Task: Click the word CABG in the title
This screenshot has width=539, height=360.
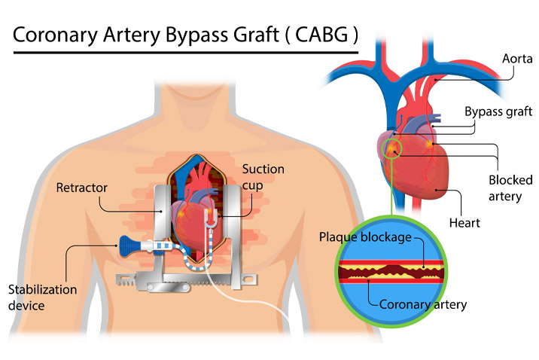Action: pyautogui.click(x=315, y=35)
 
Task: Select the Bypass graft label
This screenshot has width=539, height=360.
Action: pyautogui.click(x=498, y=111)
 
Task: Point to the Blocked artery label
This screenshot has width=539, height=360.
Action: pyautogui.click(x=510, y=188)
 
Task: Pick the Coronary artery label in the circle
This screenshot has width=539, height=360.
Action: pyautogui.click(x=424, y=304)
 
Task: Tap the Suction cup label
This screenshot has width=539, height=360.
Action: pyautogui.click(x=263, y=177)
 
